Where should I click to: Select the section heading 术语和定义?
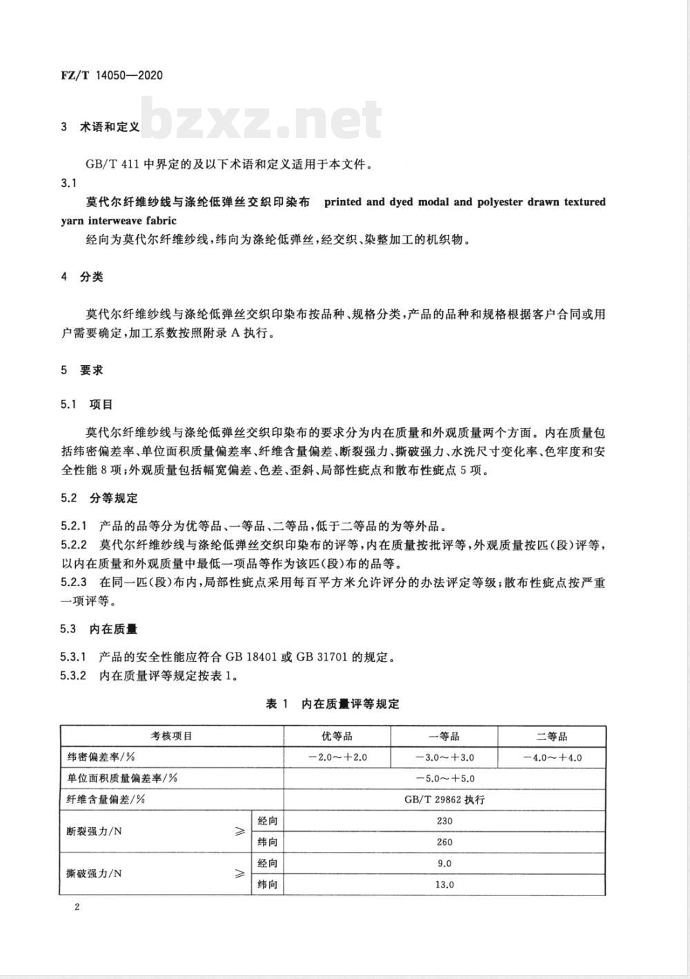pos(110,127)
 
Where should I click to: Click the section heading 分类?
pos(92,277)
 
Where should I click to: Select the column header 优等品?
pos(337,736)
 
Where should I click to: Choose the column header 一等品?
pos(444,736)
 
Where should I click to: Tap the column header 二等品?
pos(552,736)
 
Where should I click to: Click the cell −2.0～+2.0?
pos(337,757)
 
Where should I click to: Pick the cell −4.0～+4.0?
pos(552,757)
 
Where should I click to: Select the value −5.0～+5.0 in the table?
pos(445,779)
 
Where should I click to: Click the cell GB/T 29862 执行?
pos(445,799)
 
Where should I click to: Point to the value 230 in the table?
pos(445,821)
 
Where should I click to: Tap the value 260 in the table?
pos(445,842)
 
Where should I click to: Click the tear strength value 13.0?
pos(445,884)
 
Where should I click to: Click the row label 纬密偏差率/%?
pos(102,757)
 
